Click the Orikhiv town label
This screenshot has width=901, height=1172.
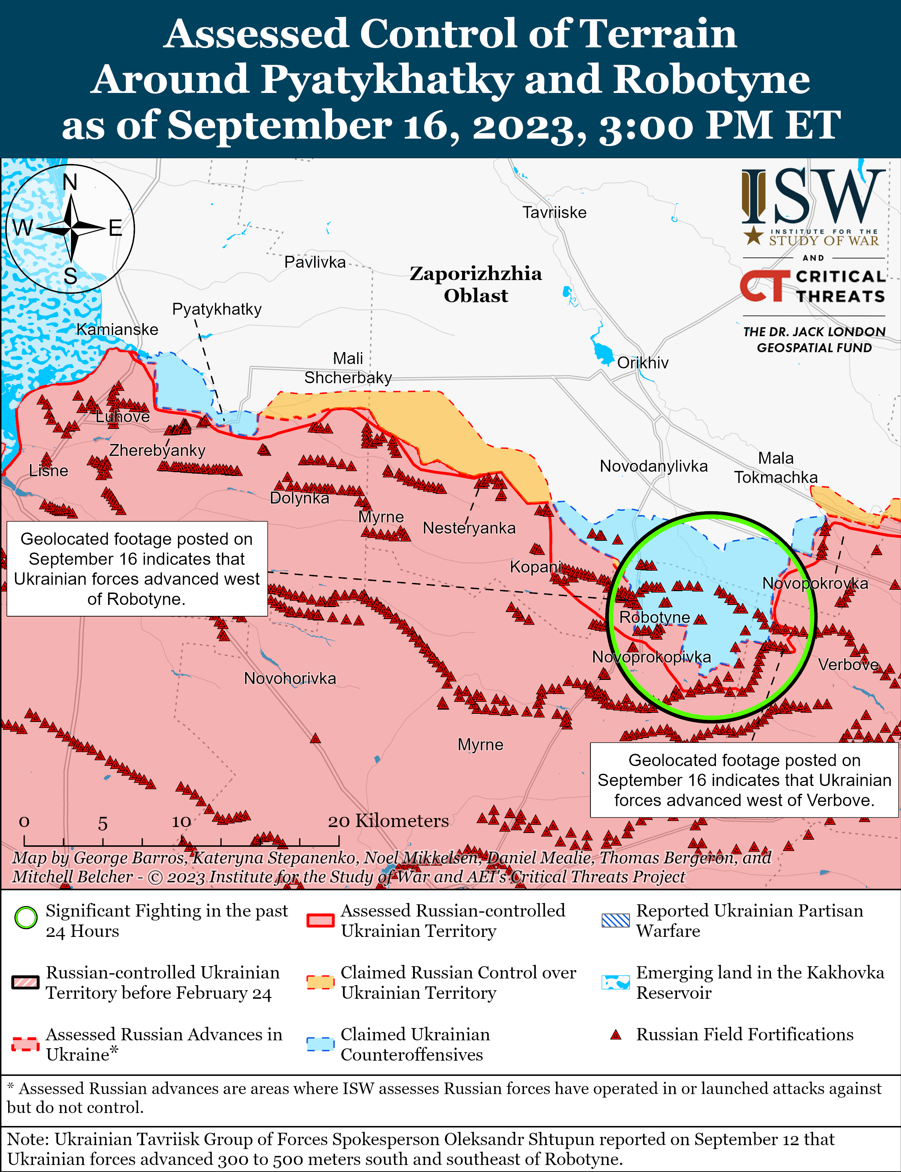point(642,363)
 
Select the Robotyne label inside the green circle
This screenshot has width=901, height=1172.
point(654,617)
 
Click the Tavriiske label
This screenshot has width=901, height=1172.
point(554,212)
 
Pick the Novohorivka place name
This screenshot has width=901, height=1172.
point(290,678)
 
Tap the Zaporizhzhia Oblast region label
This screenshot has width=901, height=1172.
point(476,284)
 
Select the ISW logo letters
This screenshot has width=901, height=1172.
point(813,197)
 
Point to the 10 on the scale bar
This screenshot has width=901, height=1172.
point(181,822)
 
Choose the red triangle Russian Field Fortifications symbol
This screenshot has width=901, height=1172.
point(616,1034)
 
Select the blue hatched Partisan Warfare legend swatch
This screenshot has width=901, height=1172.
point(616,920)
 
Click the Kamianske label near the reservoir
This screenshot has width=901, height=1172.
point(117,330)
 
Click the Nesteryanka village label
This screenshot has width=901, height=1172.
point(469,528)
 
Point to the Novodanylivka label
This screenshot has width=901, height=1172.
point(653,466)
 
